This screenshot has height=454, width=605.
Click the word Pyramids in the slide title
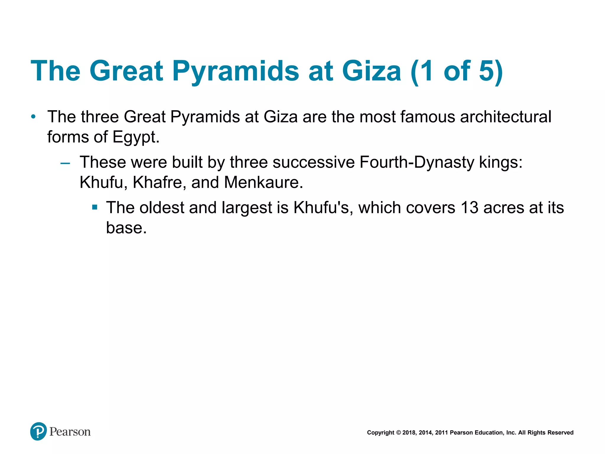click(x=235, y=71)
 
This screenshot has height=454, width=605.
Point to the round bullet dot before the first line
click(x=33, y=117)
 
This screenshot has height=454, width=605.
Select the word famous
click(x=428, y=117)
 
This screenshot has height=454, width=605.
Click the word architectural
click(x=505, y=117)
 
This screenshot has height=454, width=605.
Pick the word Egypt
click(x=136, y=137)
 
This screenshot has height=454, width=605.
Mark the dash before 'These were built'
click(x=65, y=163)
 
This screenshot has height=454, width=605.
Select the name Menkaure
click(x=263, y=182)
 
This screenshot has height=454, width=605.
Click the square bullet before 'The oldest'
click(x=95, y=207)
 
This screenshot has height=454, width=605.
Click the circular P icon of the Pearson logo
click(x=38, y=431)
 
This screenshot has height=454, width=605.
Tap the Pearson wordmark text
click(x=70, y=432)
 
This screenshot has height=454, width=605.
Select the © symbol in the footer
click(x=398, y=433)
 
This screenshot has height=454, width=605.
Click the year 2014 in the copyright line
click(x=425, y=433)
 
